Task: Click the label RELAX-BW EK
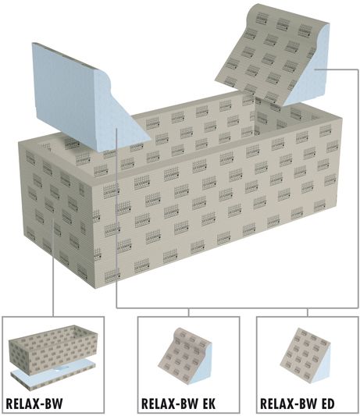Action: (178, 404)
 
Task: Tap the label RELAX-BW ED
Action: (297, 404)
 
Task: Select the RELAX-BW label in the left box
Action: (34, 404)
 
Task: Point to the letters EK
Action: (209, 404)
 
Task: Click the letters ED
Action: (328, 404)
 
